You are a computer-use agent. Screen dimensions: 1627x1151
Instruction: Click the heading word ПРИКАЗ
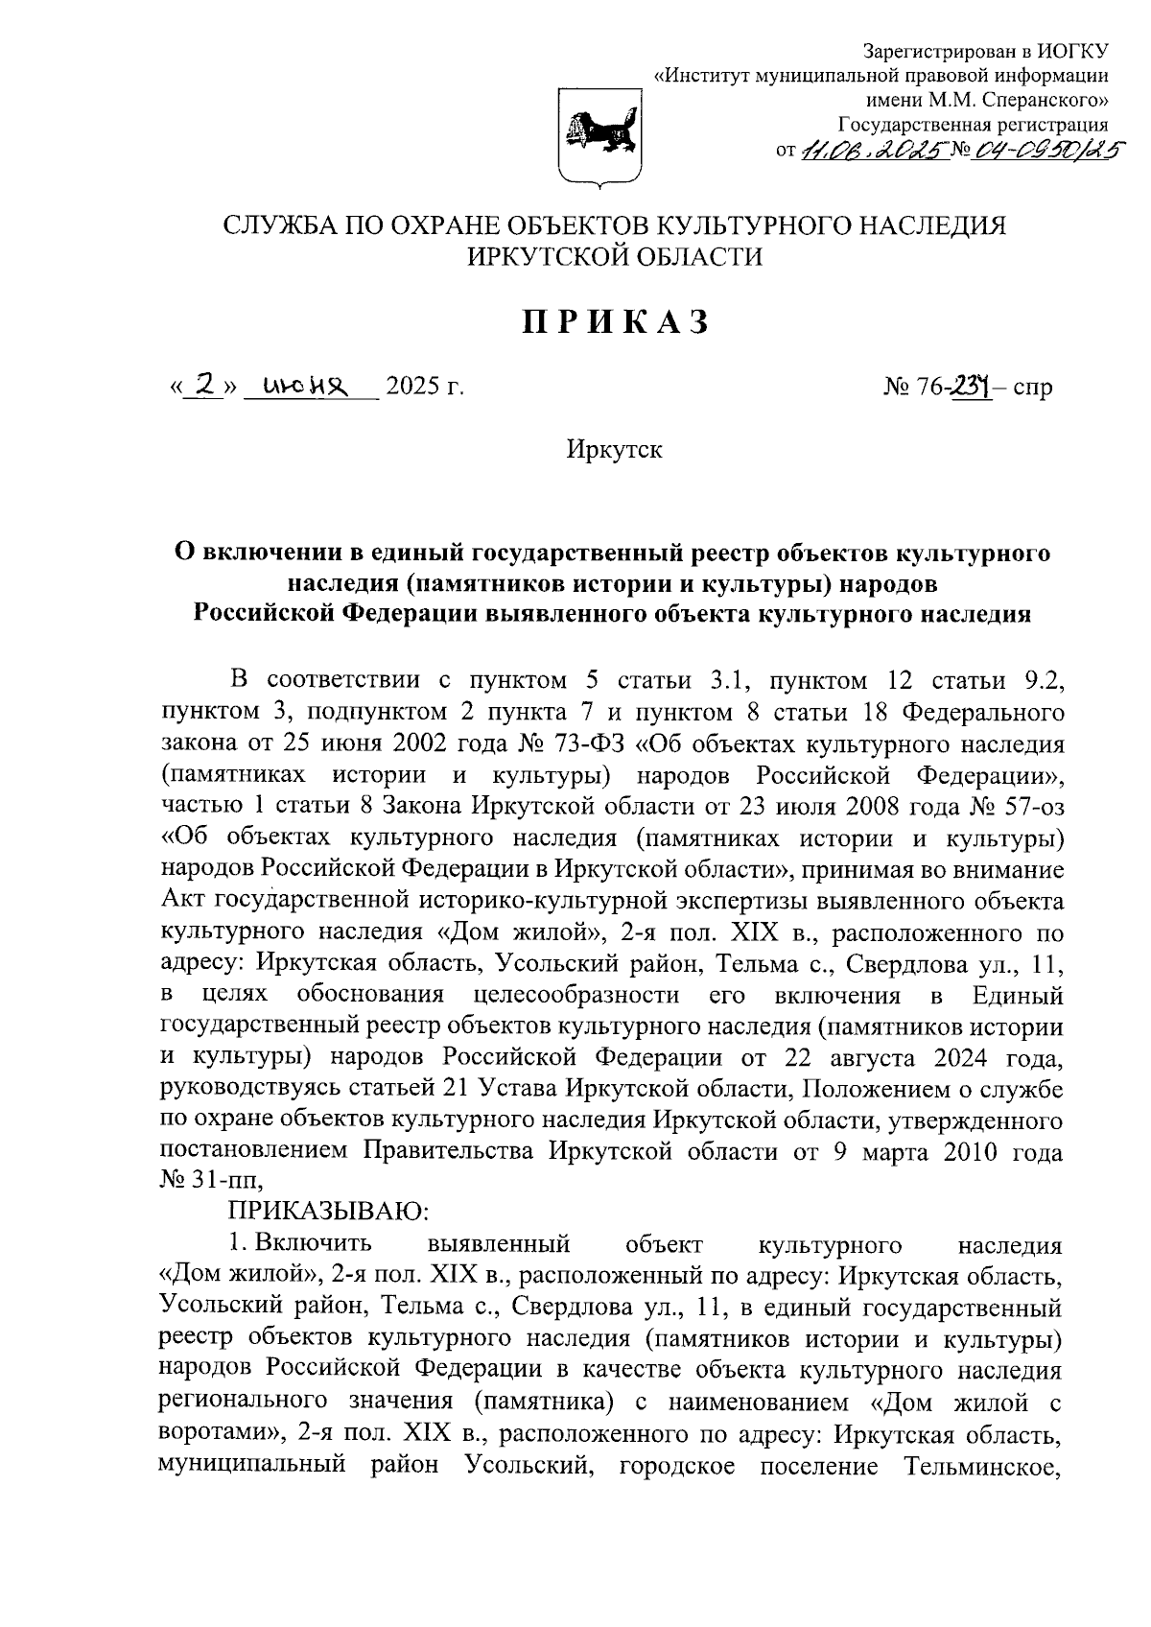point(615,322)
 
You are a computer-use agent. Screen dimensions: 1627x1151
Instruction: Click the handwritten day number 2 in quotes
point(203,385)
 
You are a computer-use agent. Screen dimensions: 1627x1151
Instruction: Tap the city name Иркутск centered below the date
point(614,448)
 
